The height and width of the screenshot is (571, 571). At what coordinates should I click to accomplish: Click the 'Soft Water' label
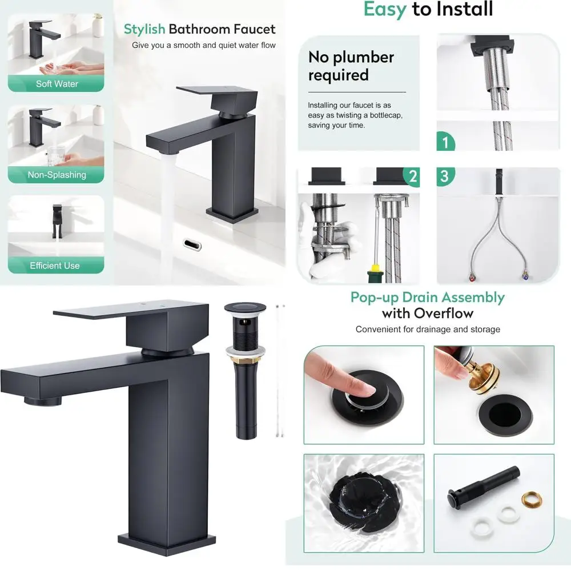point(57,84)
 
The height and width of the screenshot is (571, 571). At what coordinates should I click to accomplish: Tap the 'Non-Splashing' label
point(57,175)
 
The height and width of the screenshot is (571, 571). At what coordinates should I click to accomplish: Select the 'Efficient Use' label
point(55,266)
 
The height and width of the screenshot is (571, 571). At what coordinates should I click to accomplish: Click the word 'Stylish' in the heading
point(144,29)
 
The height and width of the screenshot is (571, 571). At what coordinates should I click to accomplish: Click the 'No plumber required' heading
point(351,66)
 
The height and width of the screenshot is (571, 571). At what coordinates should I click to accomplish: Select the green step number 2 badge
point(411,176)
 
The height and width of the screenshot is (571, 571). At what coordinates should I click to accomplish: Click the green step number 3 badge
point(445,176)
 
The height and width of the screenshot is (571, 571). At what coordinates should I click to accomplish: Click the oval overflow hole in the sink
point(192,244)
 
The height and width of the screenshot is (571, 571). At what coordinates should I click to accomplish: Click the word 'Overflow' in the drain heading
point(444,313)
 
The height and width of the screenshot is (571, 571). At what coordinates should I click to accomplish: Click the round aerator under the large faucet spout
point(43,400)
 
